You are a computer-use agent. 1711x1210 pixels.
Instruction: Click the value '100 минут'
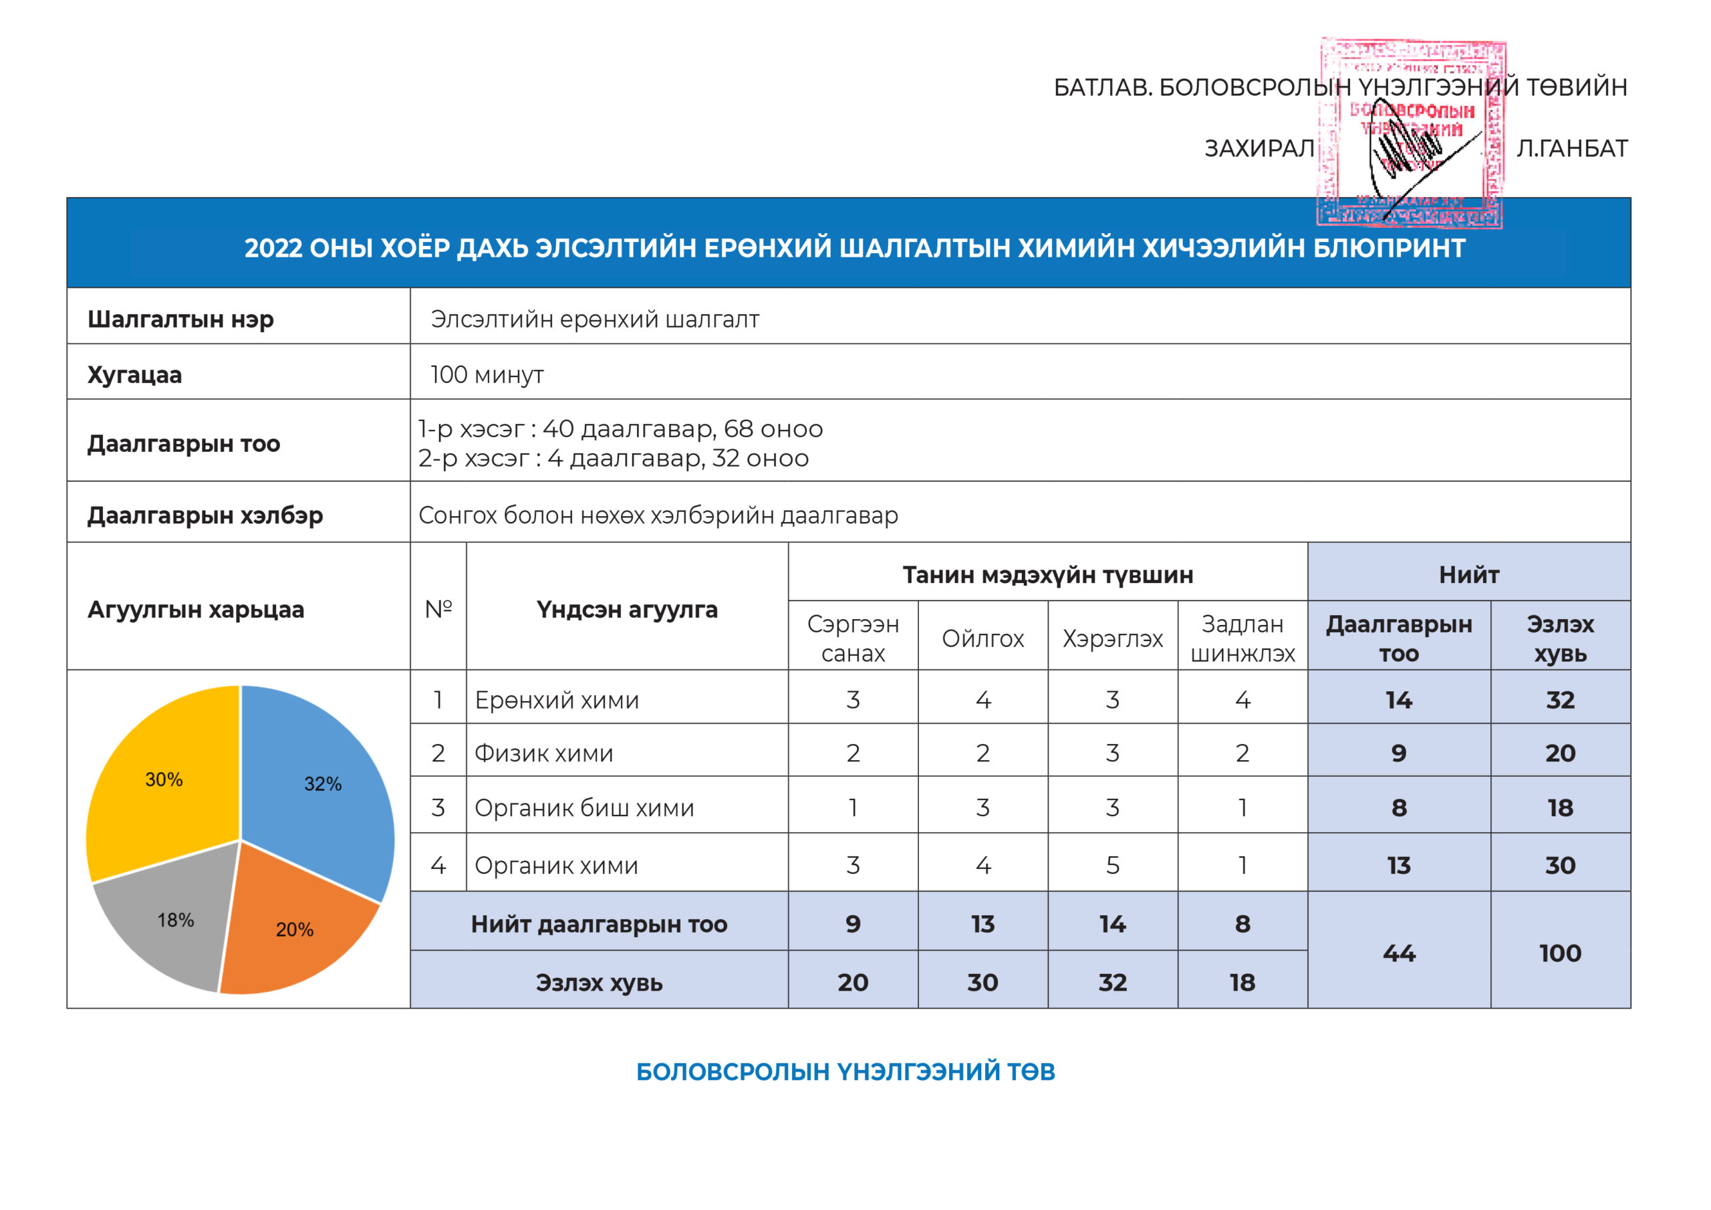point(487,374)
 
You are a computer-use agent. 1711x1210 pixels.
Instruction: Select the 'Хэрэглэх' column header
point(1112,639)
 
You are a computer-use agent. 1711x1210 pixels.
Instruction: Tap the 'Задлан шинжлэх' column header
point(1242,639)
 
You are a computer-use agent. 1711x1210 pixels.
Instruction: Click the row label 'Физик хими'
point(543,753)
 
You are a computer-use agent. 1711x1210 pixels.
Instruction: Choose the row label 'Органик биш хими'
point(583,808)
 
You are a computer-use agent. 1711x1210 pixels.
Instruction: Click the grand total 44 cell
point(1399,953)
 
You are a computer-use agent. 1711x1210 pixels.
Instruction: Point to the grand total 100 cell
point(1560,953)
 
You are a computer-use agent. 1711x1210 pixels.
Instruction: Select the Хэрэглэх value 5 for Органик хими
point(1112,866)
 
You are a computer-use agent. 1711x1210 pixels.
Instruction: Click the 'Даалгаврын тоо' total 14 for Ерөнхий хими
point(1399,700)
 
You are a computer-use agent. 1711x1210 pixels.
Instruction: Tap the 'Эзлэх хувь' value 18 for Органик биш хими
point(1560,808)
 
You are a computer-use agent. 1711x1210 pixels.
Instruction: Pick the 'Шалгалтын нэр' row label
point(180,319)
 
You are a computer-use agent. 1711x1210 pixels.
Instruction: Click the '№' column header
point(438,609)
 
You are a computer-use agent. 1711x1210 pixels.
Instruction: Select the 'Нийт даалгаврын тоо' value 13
point(982,925)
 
